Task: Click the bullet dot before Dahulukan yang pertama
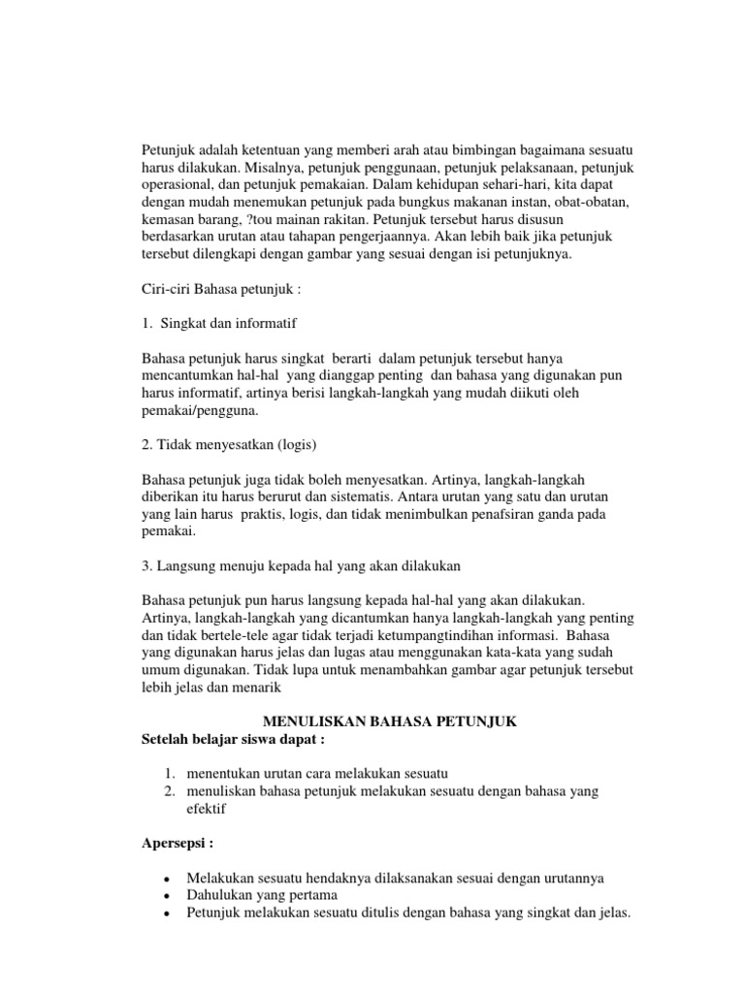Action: [x=169, y=896]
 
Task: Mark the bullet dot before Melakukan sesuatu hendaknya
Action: [x=169, y=879]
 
